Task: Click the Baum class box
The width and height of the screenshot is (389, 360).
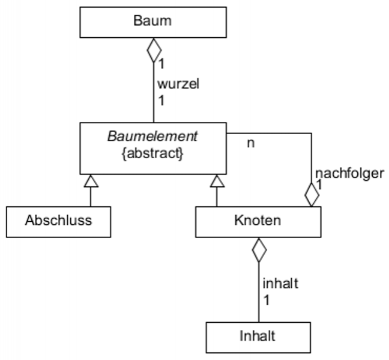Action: click(153, 22)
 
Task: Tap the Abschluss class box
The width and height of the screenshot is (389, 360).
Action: click(58, 221)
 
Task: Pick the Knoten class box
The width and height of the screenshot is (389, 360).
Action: click(258, 221)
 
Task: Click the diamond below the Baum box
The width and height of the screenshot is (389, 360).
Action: click(154, 50)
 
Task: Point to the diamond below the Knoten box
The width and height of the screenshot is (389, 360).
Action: click(259, 249)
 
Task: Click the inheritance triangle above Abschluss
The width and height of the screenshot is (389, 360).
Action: click(90, 180)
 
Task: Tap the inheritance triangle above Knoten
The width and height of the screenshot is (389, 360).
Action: click(217, 180)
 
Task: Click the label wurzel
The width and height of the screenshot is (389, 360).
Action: click(178, 84)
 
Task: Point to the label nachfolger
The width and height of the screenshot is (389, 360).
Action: click(349, 174)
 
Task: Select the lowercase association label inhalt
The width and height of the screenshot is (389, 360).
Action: click(280, 284)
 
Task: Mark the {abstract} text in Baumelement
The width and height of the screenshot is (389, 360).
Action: click(152, 153)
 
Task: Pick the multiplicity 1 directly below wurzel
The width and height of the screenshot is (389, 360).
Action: click(161, 100)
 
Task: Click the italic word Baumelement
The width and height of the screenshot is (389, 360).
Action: click(152, 136)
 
